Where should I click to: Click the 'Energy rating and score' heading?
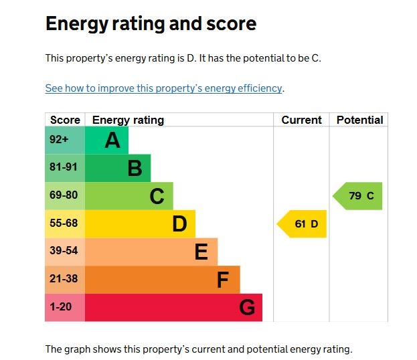[151, 25]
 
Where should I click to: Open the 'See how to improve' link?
[164, 88]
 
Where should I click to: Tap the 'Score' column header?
[65, 120]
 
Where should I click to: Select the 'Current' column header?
[301, 120]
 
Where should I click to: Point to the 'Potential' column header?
[359, 120]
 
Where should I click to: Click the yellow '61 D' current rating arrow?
[303, 224]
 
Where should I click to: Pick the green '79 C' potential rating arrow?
[358, 196]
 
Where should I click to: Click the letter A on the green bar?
[112, 141]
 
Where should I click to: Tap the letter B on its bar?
[135, 169]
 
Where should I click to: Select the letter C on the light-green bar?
[157, 197]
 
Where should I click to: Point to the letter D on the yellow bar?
[179, 224]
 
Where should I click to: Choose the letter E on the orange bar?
[201, 252]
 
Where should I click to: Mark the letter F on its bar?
[223, 280]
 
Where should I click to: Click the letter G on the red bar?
[247, 308]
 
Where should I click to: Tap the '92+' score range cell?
[59, 140]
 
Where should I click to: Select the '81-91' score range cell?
[64, 168]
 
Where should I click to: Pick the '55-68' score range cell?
[64, 223]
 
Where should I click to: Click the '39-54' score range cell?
[64, 252]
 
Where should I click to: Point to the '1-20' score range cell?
[62, 307]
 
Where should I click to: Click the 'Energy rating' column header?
[128, 120]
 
